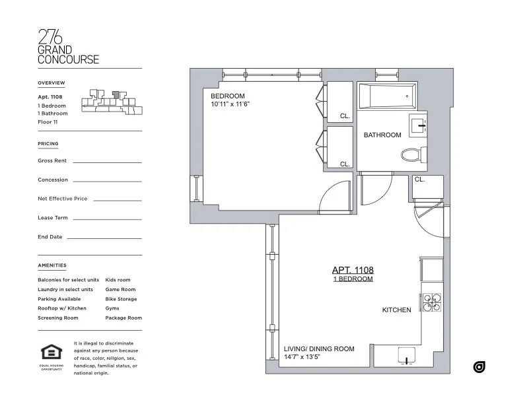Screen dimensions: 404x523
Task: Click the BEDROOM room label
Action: point(228,96)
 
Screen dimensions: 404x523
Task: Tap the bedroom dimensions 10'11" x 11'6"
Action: point(230,104)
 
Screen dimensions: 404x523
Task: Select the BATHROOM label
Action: point(382,135)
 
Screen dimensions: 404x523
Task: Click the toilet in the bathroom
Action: point(412,155)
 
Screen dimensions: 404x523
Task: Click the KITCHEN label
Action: point(396,310)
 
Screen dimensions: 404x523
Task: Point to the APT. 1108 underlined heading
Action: point(352,270)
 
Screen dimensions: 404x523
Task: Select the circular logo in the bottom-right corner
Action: point(479,366)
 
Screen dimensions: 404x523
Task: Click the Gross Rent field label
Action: point(52,160)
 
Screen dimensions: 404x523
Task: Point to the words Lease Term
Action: point(53,218)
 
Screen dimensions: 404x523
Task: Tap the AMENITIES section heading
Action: point(52,265)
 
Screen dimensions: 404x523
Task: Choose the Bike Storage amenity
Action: point(121,299)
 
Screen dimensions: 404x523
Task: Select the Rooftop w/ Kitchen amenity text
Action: point(62,308)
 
